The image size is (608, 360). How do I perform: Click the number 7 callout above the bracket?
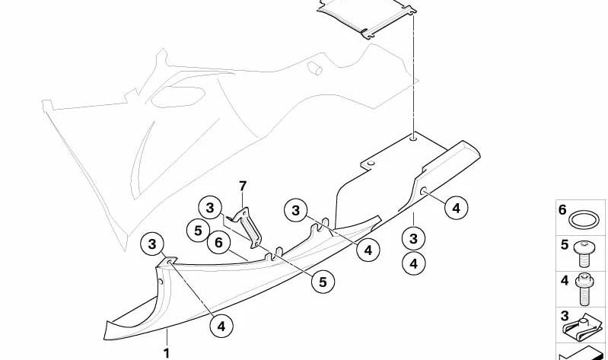coord(242,186)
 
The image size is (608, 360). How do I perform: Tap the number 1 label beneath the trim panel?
coord(167,353)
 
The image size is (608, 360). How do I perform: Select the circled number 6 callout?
coord(218,243)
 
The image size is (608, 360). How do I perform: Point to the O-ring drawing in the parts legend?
coord(584,220)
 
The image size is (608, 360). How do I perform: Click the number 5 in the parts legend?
coord(564,245)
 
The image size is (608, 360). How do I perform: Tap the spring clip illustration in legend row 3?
coord(582,327)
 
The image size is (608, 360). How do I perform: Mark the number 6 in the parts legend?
coord(562,210)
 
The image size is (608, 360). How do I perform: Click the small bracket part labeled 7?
coord(247,227)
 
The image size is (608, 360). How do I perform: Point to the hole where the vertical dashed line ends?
coord(414,136)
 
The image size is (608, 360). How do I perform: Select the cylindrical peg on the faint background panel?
coord(315,68)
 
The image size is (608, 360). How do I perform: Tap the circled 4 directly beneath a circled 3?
coord(414,263)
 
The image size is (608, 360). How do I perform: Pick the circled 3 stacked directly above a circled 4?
coord(414,238)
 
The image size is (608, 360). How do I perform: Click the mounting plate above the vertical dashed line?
coord(367,18)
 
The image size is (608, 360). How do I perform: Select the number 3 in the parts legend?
coord(565,316)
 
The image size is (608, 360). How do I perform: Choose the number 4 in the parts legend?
coord(565,280)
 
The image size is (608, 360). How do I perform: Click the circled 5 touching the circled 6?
coord(198,231)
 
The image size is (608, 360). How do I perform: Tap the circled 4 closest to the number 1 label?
coord(221,326)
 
